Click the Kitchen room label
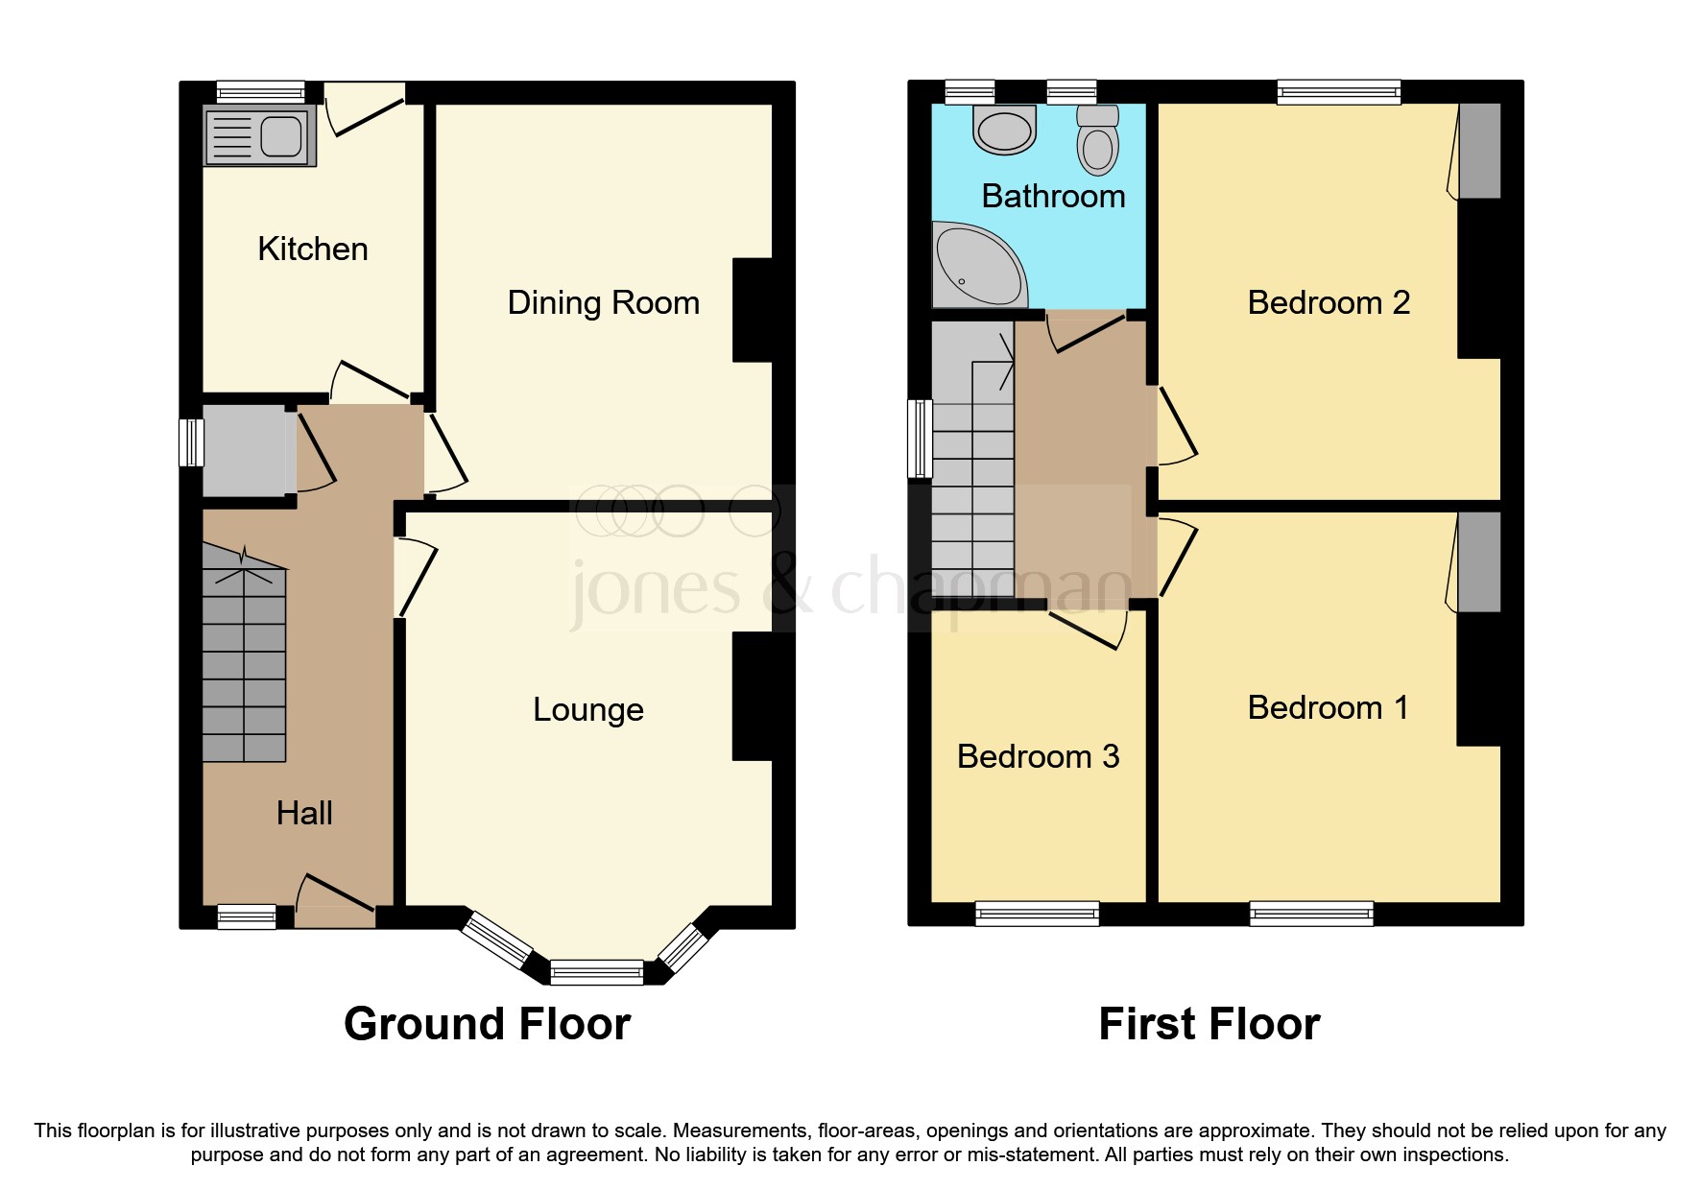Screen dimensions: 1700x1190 (x=313, y=250)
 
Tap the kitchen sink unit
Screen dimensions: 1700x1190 (x=259, y=136)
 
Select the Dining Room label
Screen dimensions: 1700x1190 (x=603, y=303)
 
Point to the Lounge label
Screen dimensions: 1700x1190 (x=588, y=710)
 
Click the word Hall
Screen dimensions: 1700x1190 (x=304, y=814)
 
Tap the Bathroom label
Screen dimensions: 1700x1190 (x=1053, y=197)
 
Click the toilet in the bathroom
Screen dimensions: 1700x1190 (x=1098, y=140)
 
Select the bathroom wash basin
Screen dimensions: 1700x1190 (x=1004, y=130)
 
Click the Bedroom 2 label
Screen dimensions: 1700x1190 (x=1329, y=303)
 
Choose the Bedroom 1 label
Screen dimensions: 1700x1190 (x=1328, y=708)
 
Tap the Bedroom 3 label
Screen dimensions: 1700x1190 (x=1039, y=757)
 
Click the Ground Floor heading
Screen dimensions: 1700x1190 (x=487, y=1025)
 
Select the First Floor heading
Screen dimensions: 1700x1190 (x=1209, y=1025)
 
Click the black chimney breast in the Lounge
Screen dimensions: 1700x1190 (x=753, y=696)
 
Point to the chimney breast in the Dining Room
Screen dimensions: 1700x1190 (x=753, y=310)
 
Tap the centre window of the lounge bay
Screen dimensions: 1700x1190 (x=597, y=972)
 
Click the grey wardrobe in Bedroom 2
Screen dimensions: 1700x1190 (x=1479, y=151)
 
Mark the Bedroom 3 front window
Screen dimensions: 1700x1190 (x=1037, y=914)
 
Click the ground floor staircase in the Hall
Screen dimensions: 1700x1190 (x=245, y=654)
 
